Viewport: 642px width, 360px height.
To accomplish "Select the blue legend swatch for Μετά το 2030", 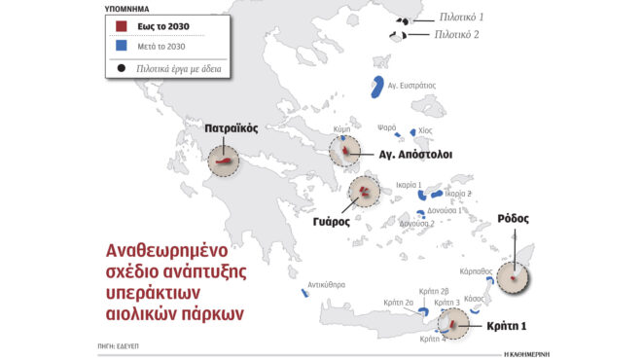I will [123, 46].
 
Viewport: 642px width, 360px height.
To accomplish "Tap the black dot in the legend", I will [121, 69].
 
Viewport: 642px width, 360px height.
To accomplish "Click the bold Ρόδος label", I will [513, 218].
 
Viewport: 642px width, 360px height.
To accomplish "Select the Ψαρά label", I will [386, 127].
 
